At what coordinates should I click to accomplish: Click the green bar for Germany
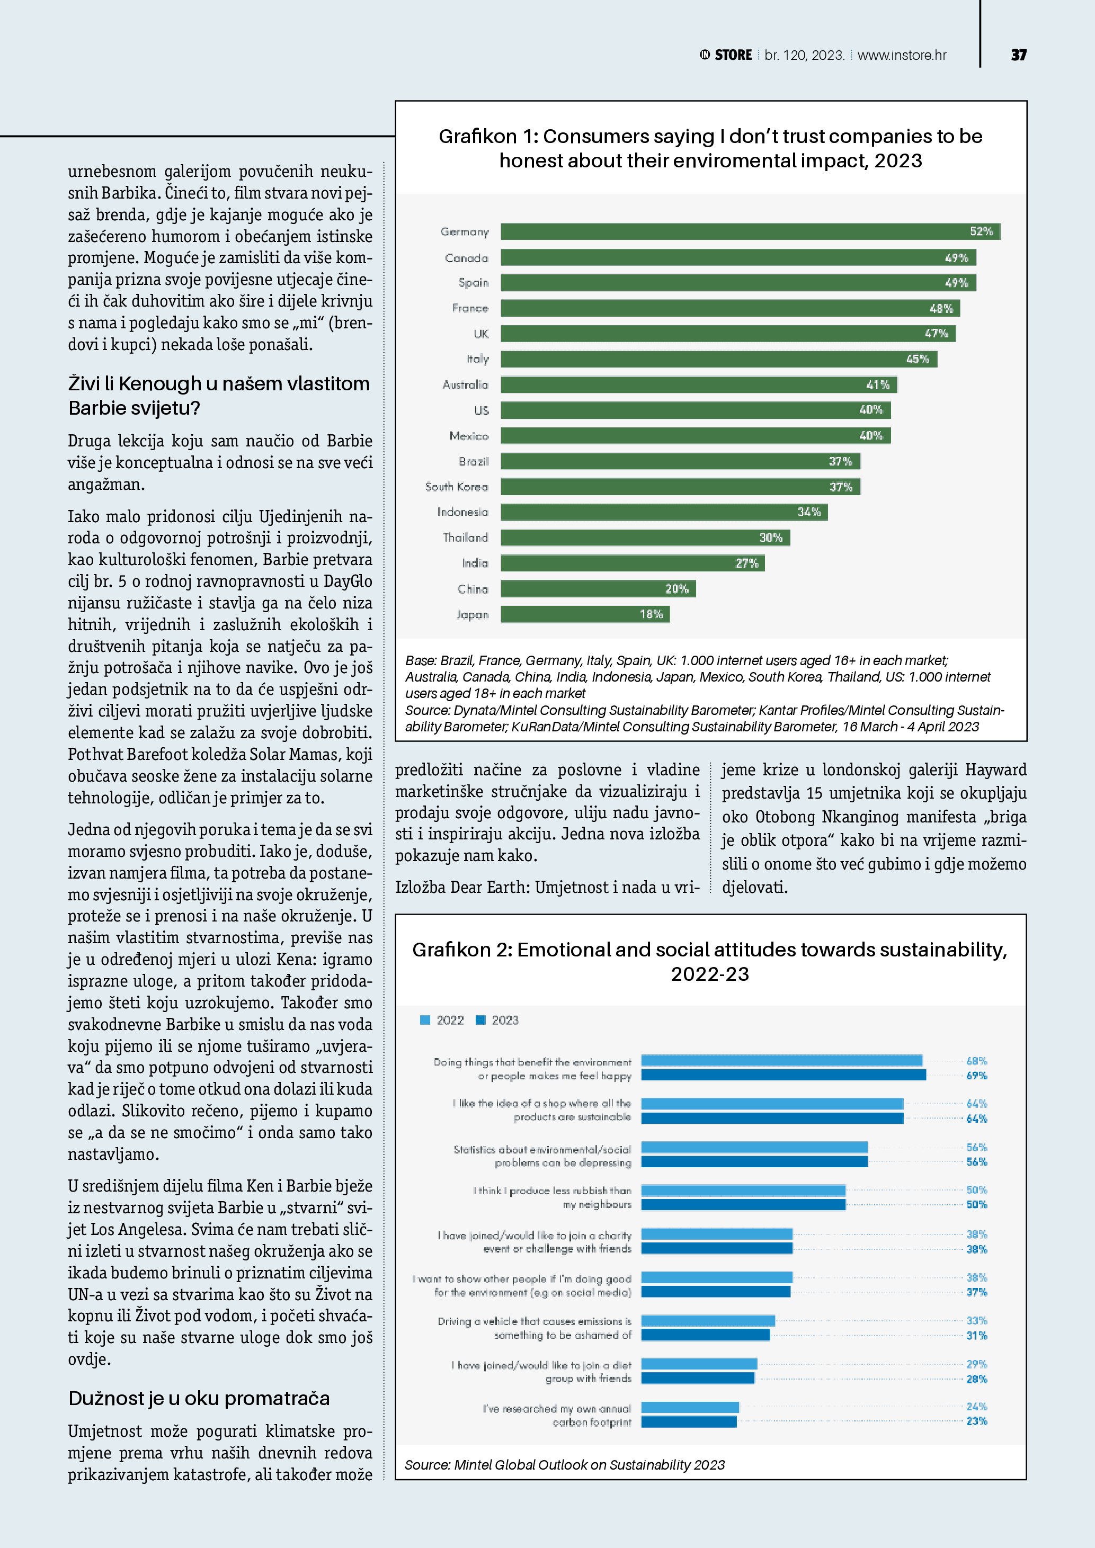click(x=750, y=232)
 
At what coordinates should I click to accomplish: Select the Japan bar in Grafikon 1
click(x=585, y=614)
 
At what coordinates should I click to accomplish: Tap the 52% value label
click(x=981, y=232)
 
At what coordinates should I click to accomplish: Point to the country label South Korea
click(x=457, y=487)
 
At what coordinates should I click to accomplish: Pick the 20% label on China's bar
click(x=677, y=588)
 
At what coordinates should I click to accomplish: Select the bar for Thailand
click(x=645, y=538)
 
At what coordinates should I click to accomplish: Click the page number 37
click(x=1018, y=55)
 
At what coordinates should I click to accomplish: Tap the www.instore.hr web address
click(x=902, y=55)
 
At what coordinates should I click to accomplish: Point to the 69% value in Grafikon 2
click(x=976, y=1076)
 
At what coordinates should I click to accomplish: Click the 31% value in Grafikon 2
click(x=976, y=1335)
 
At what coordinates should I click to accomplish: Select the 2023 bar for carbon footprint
click(x=689, y=1421)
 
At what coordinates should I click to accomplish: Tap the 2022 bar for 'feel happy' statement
click(x=781, y=1061)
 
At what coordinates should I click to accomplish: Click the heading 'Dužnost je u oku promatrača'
click(x=199, y=1398)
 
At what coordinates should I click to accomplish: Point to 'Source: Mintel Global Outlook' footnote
click(x=564, y=1464)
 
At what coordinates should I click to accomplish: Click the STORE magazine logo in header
click(x=726, y=55)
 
